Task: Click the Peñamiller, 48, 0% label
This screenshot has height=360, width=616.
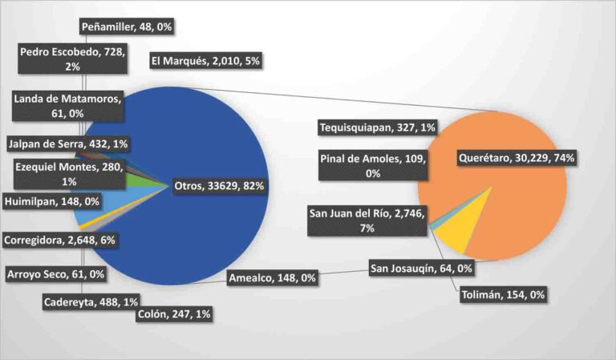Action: (x=128, y=26)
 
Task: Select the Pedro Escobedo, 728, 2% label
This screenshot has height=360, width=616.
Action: (x=73, y=59)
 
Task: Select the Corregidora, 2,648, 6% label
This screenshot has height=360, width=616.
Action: (x=60, y=240)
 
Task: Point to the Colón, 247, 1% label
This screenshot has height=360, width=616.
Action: (x=175, y=314)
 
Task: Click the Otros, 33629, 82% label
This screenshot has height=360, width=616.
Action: (x=219, y=186)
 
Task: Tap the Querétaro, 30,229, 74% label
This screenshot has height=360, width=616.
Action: (x=516, y=159)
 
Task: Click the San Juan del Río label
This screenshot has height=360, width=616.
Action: (x=367, y=219)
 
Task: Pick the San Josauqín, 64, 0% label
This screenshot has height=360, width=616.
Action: (x=420, y=267)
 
